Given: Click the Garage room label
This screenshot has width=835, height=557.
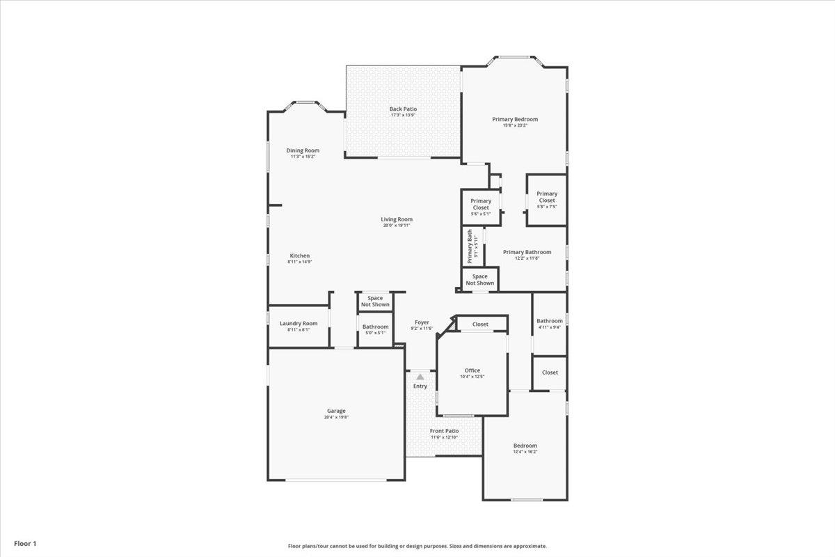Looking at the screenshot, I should [336, 411].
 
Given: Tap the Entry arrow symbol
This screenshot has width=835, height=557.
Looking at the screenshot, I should [420, 377].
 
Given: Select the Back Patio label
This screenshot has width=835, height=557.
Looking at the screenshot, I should [403, 109].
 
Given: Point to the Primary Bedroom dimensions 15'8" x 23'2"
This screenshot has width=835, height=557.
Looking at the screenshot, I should [515, 125].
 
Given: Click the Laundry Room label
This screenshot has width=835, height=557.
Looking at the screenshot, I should [299, 323].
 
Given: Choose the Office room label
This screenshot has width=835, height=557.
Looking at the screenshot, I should [472, 370].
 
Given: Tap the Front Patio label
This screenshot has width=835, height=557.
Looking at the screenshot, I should [444, 431].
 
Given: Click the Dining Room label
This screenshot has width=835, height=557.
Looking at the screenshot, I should [303, 150].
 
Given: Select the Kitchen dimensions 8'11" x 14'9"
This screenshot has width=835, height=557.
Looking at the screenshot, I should [299, 262].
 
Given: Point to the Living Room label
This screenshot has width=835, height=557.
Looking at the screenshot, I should [397, 219].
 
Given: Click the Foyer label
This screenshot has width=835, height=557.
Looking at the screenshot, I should [422, 322].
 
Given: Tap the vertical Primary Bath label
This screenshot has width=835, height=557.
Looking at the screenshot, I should [470, 248].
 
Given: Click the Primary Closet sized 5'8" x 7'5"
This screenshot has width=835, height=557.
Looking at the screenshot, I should [546, 197].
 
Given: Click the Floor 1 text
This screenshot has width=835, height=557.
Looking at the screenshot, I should [24, 543].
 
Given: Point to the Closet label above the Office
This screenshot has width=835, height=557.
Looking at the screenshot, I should [480, 324].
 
